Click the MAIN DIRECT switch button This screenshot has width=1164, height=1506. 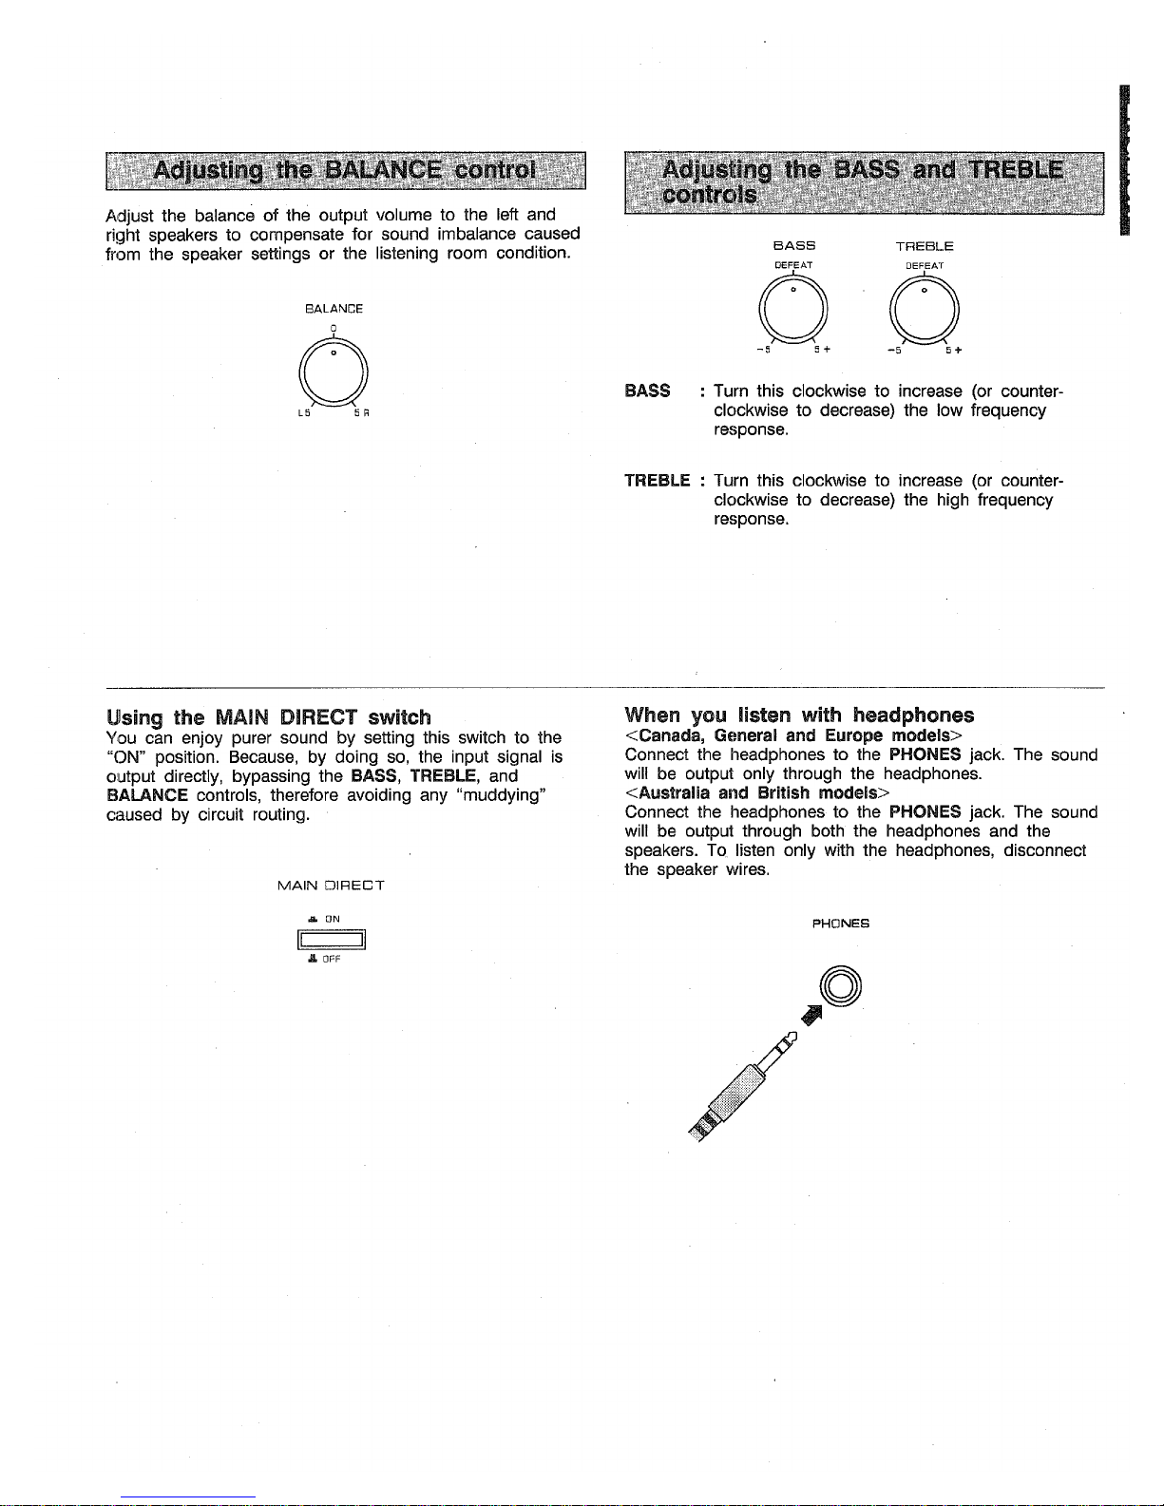(333, 941)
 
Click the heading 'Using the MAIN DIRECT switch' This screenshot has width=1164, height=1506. (270, 716)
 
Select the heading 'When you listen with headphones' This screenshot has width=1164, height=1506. (799, 715)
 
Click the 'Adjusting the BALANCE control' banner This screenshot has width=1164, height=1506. (346, 171)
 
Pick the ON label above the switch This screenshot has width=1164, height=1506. (332, 919)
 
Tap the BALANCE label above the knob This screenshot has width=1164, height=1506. (334, 309)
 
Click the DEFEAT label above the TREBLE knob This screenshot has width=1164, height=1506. (924, 266)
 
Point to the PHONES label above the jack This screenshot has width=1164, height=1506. (841, 923)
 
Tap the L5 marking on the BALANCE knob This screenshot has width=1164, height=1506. (303, 413)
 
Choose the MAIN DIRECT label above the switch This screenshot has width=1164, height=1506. (331, 886)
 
